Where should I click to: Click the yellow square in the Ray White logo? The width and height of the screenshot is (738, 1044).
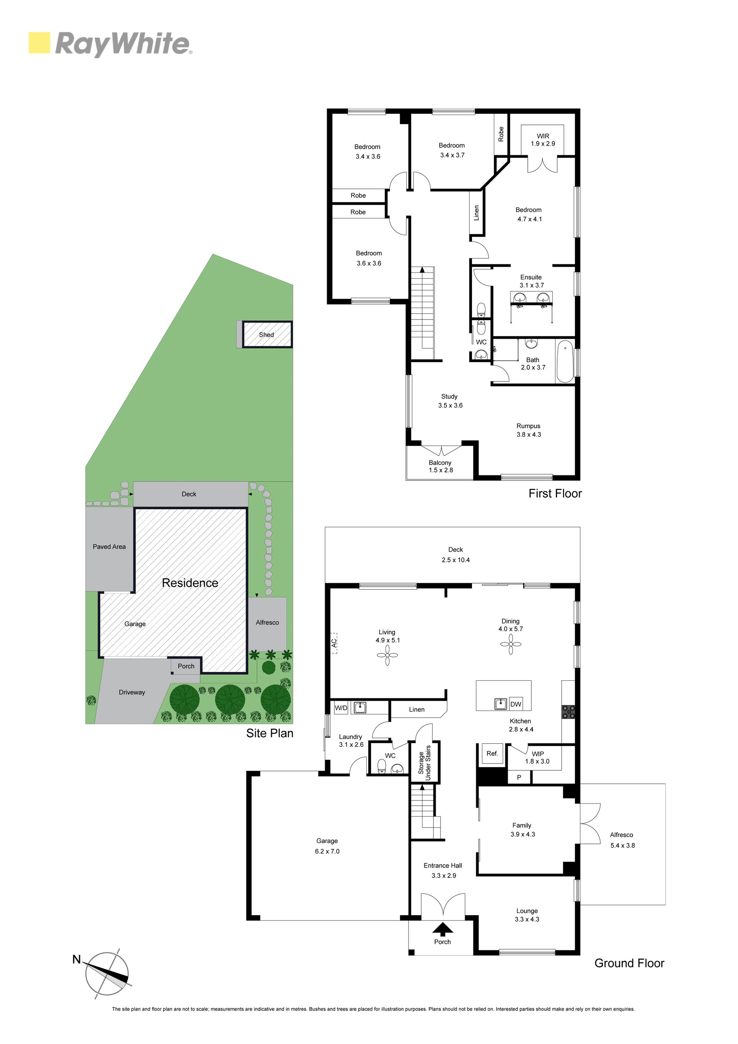coord(39,43)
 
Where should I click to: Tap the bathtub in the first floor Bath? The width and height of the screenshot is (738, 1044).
coord(565,361)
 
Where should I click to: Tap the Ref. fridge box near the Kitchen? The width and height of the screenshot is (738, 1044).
coord(492,753)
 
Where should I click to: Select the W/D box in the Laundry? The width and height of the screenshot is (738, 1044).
coord(341,708)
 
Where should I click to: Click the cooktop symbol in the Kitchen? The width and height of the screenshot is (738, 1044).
coord(568,712)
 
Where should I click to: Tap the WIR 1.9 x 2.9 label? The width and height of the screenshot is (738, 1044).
coord(543,140)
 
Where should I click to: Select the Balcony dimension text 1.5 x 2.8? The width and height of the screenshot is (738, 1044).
coord(440,470)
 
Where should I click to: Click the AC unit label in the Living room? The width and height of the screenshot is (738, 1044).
coord(334,643)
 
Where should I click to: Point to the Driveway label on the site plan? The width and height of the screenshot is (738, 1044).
coord(132,692)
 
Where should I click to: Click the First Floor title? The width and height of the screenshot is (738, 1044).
coord(555,493)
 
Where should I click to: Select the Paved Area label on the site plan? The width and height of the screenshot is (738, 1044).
coord(109,547)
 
